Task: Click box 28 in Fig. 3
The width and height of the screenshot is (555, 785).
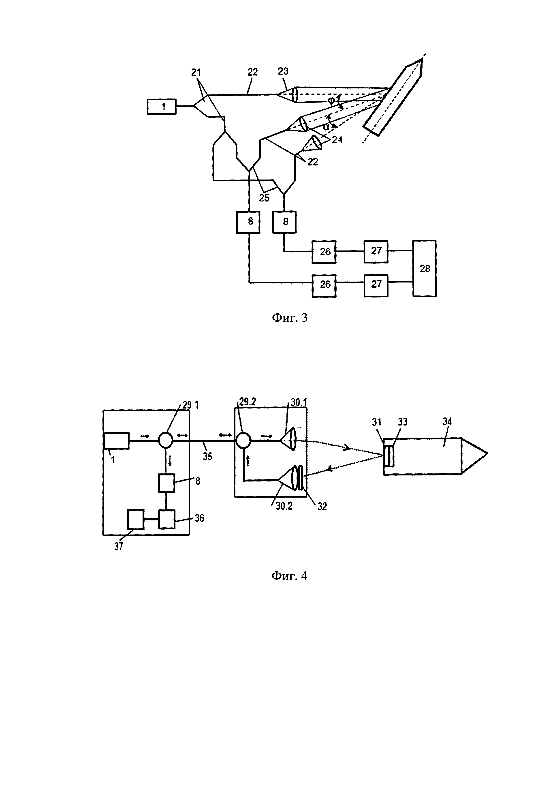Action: click(425, 268)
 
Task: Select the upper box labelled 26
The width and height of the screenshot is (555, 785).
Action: click(324, 252)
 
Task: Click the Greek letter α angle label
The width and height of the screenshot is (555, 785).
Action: click(326, 126)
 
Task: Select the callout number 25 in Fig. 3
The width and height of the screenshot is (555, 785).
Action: click(264, 198)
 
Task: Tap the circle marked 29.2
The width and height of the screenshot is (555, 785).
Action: click(243, 440)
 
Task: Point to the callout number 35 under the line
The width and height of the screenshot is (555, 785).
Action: click(207, 456)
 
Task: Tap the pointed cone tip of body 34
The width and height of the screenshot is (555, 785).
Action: click(485, 454)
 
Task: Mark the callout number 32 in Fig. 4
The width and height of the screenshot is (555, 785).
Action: click(322, 506)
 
